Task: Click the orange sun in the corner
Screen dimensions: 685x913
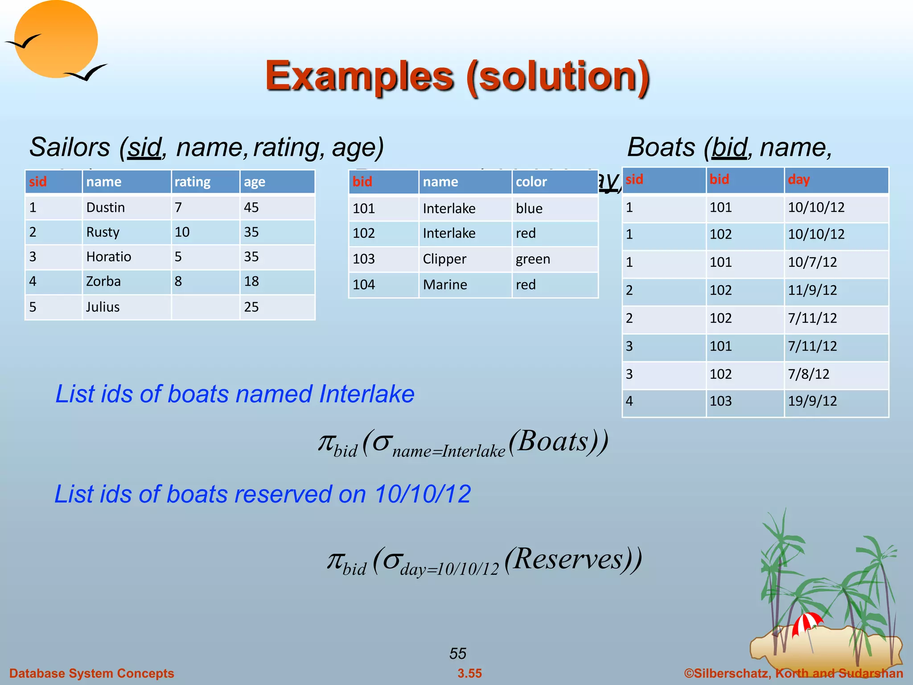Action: coord(56,39)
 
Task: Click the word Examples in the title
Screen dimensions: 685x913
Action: coord(359,76)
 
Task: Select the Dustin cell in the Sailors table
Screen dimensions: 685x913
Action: coord(106,207)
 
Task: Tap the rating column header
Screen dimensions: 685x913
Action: coord(192,182)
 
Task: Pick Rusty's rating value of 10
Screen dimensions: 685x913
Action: coord(182,232)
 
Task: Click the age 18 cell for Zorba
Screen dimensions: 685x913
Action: coord(251,281)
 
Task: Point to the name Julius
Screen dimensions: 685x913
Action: coord(103,307)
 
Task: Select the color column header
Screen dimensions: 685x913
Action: coord(531,182)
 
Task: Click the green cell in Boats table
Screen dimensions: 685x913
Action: coord(533,259)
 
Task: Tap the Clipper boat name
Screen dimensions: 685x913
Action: coord(444,259)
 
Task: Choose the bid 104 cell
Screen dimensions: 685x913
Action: coord(364,285)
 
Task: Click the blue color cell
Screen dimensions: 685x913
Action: coord(529,208)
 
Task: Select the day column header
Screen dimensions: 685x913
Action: coord(798,180)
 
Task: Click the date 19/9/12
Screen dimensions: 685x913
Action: coord(812,401)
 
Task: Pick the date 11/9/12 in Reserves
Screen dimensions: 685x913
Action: coord(812,290)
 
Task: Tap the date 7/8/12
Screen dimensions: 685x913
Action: coord(808,374)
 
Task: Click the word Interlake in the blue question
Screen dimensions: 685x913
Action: coord(366,394)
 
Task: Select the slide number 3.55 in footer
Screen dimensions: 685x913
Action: coord(469,673)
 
